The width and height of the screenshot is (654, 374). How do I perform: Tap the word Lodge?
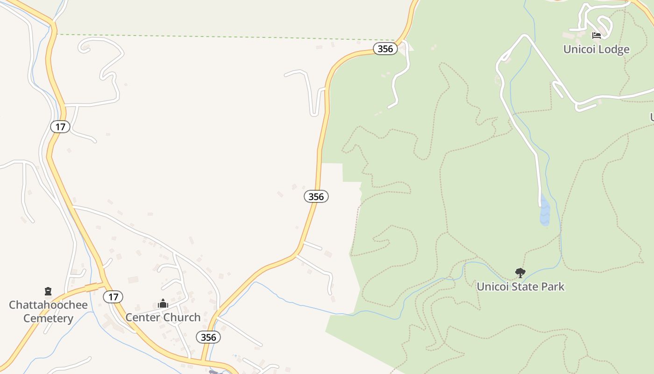612,49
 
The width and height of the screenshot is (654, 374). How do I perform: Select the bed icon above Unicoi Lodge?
596,35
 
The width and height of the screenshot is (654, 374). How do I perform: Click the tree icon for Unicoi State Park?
520,273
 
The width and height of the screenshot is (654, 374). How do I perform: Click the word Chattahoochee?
48,305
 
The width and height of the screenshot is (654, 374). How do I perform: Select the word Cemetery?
48,319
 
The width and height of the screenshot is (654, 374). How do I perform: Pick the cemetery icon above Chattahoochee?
48,292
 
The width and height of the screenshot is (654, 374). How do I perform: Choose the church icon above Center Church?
163,304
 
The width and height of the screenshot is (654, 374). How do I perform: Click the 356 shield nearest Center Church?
208,337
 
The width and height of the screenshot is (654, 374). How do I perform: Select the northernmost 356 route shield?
385,49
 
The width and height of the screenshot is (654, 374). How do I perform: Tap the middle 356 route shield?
316,196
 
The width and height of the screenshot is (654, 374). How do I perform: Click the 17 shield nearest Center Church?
113,296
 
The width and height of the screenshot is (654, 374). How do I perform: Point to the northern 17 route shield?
60,126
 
